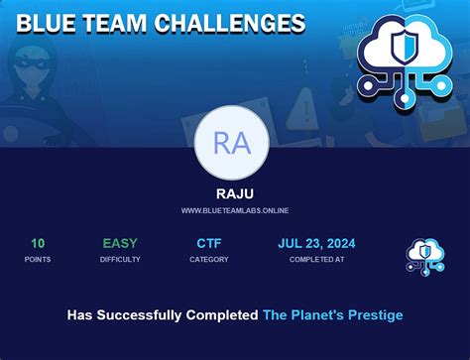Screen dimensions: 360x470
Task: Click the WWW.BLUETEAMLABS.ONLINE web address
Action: coord(235,210)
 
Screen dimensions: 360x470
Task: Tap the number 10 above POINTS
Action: coord(38,243)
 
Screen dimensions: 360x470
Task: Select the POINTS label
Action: coord(38,260)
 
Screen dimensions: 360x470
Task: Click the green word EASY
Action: coord(120,243)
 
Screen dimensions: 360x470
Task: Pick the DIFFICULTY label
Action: coord(120,260)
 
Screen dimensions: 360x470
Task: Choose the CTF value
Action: coord(209,243)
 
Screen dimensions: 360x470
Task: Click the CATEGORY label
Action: coord(209,260)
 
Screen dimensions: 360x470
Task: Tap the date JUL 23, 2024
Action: coord(316,243)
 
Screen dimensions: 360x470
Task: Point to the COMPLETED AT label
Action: coord(316,260)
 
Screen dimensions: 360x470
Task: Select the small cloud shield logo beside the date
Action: coord(425,255)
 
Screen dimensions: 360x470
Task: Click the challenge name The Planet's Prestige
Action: coord(332,315)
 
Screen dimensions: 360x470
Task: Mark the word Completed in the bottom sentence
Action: coord(221,315)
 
